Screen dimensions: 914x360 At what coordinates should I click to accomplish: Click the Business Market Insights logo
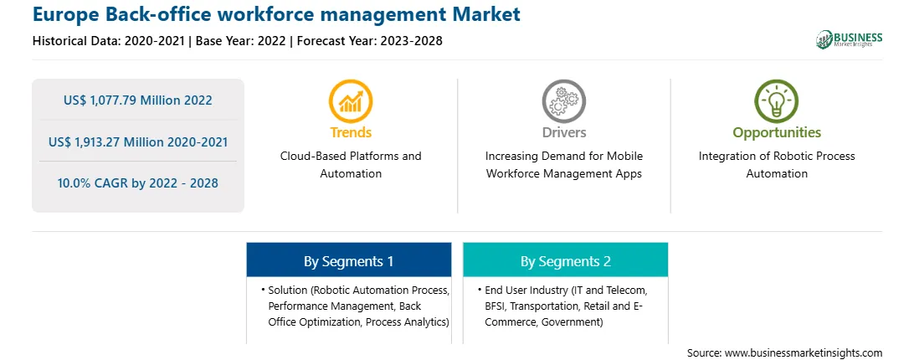[850, 39]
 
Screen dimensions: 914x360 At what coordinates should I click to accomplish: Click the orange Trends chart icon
[351, 101]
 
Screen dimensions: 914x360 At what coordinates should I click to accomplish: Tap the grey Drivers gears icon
[563, 101]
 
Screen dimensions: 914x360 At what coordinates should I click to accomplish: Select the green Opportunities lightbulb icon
[777, 101]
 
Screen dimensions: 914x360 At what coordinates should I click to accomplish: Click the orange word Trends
[351, 132]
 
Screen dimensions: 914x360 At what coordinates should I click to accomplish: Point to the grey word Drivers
[564, 132]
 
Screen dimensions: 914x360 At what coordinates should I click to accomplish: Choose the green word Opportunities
[777, 133]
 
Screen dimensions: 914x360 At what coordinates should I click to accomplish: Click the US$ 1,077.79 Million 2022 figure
[137, 100]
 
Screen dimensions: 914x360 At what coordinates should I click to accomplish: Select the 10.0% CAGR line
[137, 183]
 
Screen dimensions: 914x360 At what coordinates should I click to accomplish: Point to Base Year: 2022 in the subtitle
[241, 41]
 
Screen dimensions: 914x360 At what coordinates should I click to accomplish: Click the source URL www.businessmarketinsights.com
[804, 353]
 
